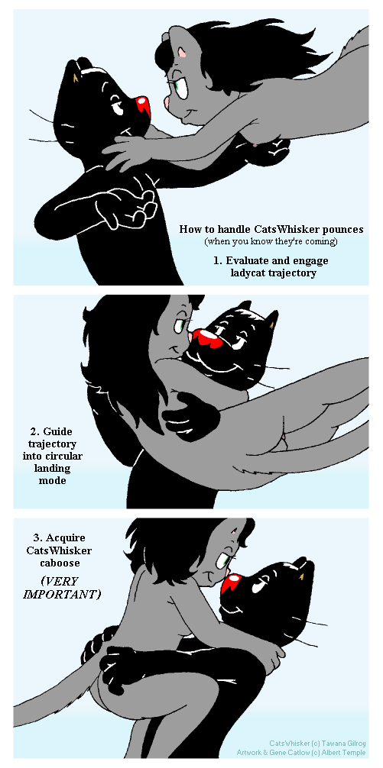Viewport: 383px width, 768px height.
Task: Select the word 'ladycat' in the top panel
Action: coord(247,273)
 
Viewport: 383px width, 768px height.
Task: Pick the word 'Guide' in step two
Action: coord(57,431)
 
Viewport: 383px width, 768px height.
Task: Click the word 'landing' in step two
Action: coord(53,469)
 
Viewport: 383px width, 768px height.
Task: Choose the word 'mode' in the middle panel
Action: coord(53,480)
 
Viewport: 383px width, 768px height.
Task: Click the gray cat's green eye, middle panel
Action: coord(180,324)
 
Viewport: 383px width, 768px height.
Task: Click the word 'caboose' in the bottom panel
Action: coord(59,563)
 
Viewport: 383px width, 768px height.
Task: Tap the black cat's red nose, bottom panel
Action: coord(230,584)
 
